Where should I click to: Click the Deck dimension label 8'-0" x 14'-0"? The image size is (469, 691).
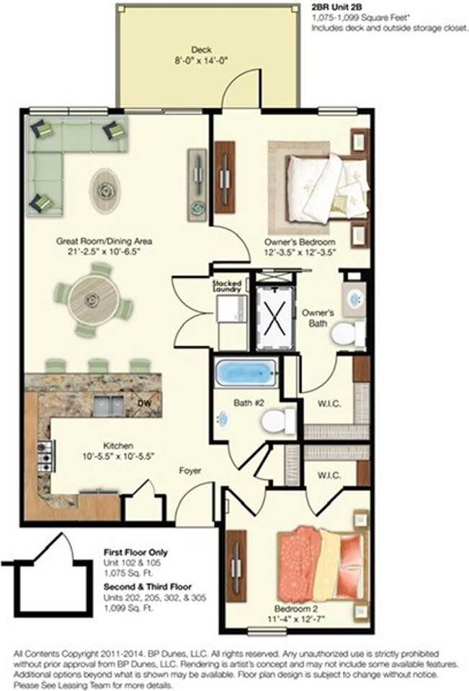click(x=200, y=61)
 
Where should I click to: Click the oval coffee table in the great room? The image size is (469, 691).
click(x=106, y=189)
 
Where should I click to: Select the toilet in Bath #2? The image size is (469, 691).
click(x=278, y=420)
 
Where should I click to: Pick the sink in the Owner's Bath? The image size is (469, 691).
click(x=354, y=300)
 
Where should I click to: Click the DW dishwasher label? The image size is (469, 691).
click(x=146, y=405)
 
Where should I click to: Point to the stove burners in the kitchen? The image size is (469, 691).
click(x=44, y=456)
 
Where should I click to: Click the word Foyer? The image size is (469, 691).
click(x=190, y=471)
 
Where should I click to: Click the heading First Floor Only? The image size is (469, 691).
click(x=135, y=552)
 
